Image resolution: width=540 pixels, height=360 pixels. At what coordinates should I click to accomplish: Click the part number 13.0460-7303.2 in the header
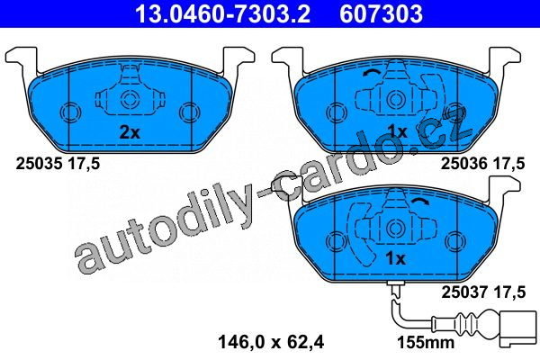pyautogui.click(x=223, y=13)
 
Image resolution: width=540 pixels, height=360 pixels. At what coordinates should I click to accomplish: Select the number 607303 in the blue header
pyautogui.click(x=382, y=13)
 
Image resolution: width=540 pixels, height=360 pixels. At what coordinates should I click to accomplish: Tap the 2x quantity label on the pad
pyautogui.click(x=130, y=132)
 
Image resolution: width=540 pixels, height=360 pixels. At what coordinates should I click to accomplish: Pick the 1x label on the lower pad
pyautogui.click(x=395, y=258)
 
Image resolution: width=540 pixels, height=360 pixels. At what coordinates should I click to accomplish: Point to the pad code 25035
pyautogui.click(x=39, y=163)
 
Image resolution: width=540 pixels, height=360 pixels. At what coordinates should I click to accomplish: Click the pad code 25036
pyautogui.click(x=464, y=163)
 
